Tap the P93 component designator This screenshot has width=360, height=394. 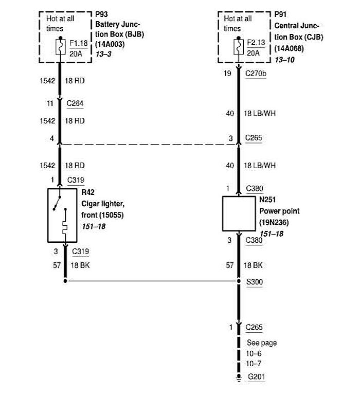(101, 15)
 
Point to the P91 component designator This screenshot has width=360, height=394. (281, 15)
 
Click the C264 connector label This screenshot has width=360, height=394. (75, 103)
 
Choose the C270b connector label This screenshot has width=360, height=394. (256, 73)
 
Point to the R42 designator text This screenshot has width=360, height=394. (88, 192)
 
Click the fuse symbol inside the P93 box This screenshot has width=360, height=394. (60, 48)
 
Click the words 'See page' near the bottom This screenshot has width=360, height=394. (262, 343)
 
